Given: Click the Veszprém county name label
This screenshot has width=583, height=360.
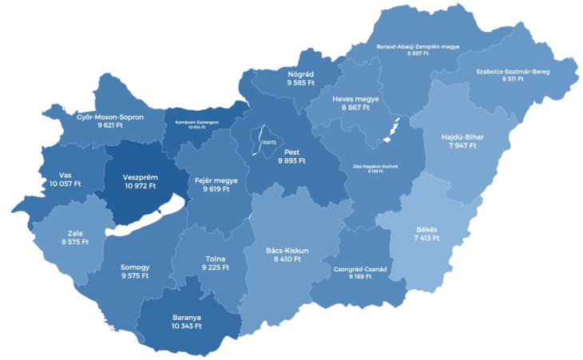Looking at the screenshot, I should tap(141, 176).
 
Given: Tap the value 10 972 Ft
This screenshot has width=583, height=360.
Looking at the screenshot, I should tap(141, 186).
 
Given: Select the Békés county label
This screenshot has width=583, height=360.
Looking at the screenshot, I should tap(426, 229).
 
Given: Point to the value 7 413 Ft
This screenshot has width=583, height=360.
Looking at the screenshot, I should tap(426, 238).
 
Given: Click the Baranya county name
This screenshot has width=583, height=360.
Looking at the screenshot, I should tap(187, 317).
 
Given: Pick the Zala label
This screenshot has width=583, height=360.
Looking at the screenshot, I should tap(75, 233).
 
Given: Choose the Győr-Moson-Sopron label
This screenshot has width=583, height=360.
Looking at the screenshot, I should tap(110, 117).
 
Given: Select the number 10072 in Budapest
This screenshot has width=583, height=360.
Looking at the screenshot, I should tap(268, 142).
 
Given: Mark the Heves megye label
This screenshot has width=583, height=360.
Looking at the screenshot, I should tap(355, 99).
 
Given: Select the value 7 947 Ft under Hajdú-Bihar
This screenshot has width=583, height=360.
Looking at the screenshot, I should tap(462, 146).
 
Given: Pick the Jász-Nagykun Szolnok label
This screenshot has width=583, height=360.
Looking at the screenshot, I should tap(374, 167).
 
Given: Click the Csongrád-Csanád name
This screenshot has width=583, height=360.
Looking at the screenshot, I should tap(360, 269).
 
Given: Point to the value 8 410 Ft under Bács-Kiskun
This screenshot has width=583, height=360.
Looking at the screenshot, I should tap(287, 259).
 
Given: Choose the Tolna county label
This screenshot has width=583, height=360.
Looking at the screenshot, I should tap(216, 259).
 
